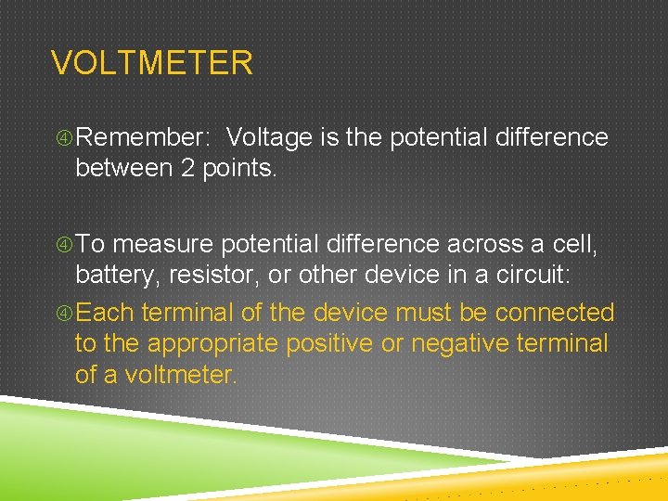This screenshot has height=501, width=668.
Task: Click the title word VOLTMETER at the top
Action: (151, 63)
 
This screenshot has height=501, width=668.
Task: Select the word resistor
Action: (223, 275)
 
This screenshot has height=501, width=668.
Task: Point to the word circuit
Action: (533, 275)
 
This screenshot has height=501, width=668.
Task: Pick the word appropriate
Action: (212, 344)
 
